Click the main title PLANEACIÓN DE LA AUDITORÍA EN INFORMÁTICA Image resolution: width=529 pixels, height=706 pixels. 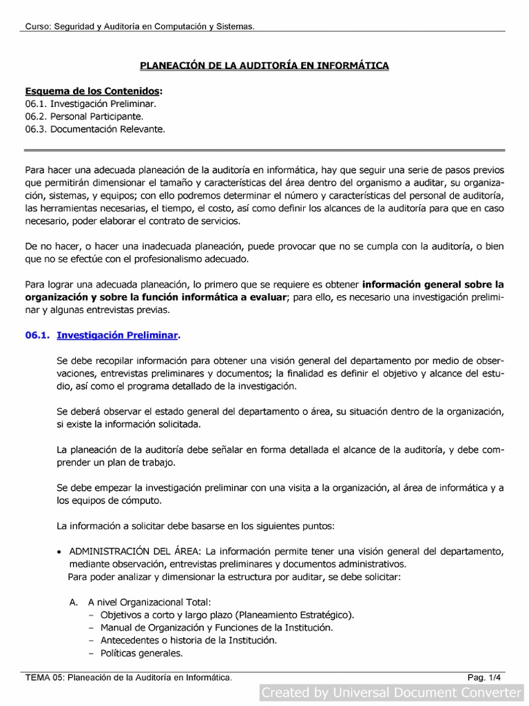coord(264,65)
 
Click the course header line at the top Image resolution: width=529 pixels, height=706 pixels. coord(140,26)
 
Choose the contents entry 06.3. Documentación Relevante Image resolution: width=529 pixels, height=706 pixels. coord(95,129)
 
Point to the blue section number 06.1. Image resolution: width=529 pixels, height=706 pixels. coord(37,335)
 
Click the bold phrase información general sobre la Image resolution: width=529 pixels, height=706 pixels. coord(433,283)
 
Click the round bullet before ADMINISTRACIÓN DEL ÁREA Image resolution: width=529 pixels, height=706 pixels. coord(61,551)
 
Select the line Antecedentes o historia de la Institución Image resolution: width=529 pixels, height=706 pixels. coord(188,641)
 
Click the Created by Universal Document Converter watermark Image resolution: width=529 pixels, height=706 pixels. coord(393,692)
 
